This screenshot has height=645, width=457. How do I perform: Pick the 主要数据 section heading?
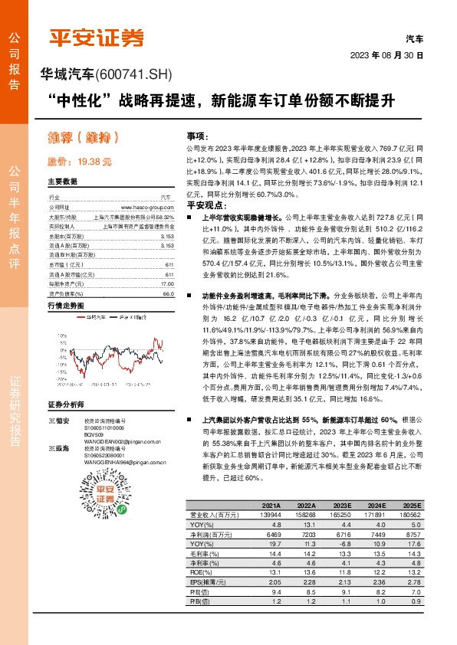63,182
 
